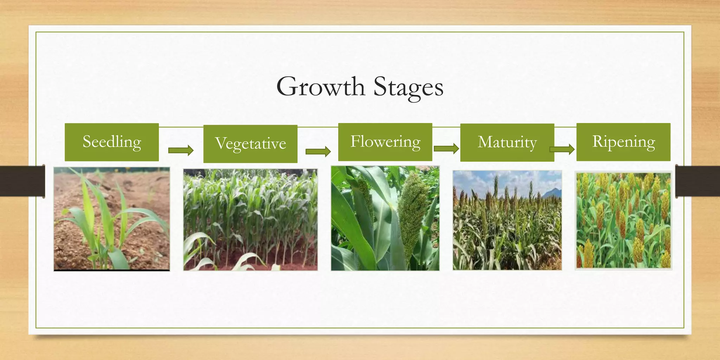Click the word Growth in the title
(x=320, y=87)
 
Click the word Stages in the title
(x=408, y=87)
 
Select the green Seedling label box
(x=112, y=142)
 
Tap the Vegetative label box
(x=250, y=144)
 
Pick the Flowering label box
(x=385, y=142)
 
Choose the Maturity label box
(x=507, y=142)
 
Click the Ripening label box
(x=623, y=142)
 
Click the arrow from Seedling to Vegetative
(x=181, y=150)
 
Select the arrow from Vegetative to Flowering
(x=318, y=152)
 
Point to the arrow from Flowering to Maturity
(x=446, y=148)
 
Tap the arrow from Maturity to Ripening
(x=562, y=149)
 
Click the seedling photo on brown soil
(x=112, y=219)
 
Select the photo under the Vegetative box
(x=250, y=220)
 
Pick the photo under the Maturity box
(x=507, y=220)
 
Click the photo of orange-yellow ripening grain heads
(x=623, y=220)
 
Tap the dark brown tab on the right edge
(x=697, y=181)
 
